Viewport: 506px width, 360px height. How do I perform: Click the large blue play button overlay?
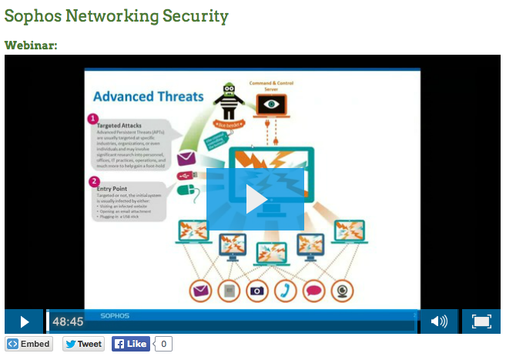[255, 199]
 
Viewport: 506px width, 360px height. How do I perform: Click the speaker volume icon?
[439, 321]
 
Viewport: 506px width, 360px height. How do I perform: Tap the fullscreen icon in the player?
[481, 321]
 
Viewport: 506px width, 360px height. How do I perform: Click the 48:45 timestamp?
[68, 321]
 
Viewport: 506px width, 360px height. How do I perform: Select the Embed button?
[29, 344]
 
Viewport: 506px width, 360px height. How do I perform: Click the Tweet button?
[83, 344]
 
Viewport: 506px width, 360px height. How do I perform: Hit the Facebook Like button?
[130, 344]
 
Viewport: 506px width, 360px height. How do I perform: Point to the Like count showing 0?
[164, 344]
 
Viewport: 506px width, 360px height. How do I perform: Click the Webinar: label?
[31, 45]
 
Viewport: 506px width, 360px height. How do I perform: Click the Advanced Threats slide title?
[148, 96]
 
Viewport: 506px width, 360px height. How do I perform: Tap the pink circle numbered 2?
[93, 182]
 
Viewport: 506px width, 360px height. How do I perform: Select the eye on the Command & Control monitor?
[270, 103]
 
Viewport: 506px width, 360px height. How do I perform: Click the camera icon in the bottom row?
[256, 291]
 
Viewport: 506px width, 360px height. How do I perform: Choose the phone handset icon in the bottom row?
[286, 291]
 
